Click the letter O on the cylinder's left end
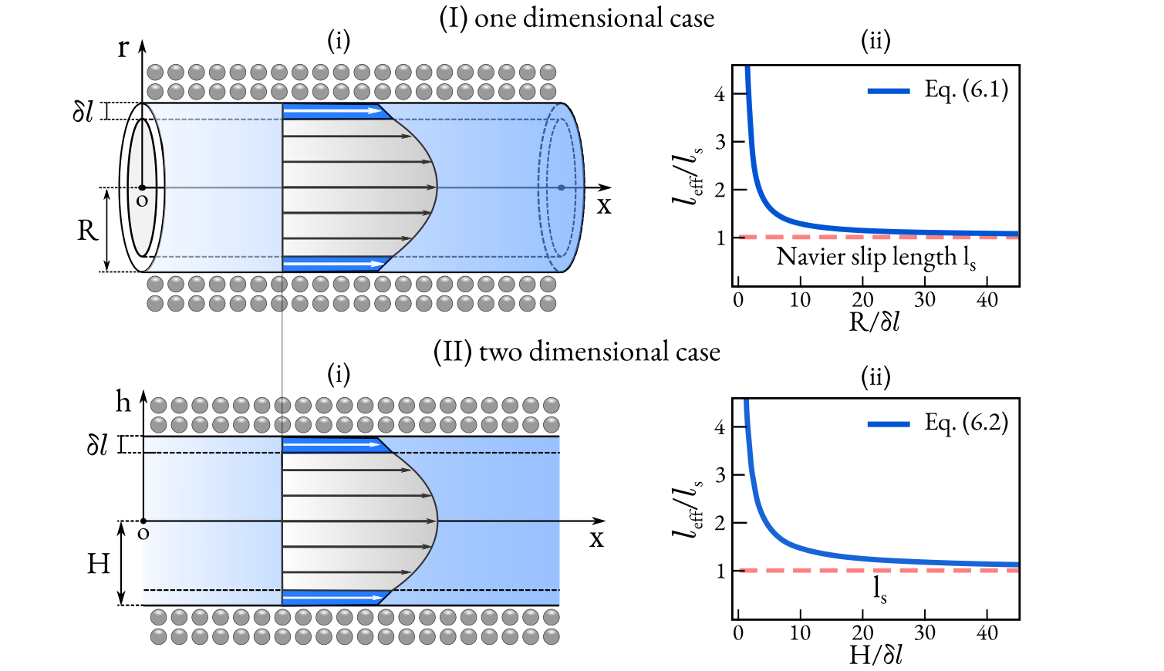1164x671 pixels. [142, 202]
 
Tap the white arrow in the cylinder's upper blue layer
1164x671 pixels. [332, 111]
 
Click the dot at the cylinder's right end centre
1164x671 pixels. [561, 187]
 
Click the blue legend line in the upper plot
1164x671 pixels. [888, 91]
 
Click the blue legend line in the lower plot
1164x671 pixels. [888, 424]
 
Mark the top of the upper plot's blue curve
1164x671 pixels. [747, 69]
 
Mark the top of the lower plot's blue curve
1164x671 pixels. [746, 403]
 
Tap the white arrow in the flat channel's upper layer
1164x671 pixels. [332, 445]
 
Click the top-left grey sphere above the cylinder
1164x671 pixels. [155, 72]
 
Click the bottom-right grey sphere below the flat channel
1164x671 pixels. [551, 637]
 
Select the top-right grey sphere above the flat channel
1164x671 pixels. [551, 406]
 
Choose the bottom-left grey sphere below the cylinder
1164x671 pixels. [155, 303]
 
